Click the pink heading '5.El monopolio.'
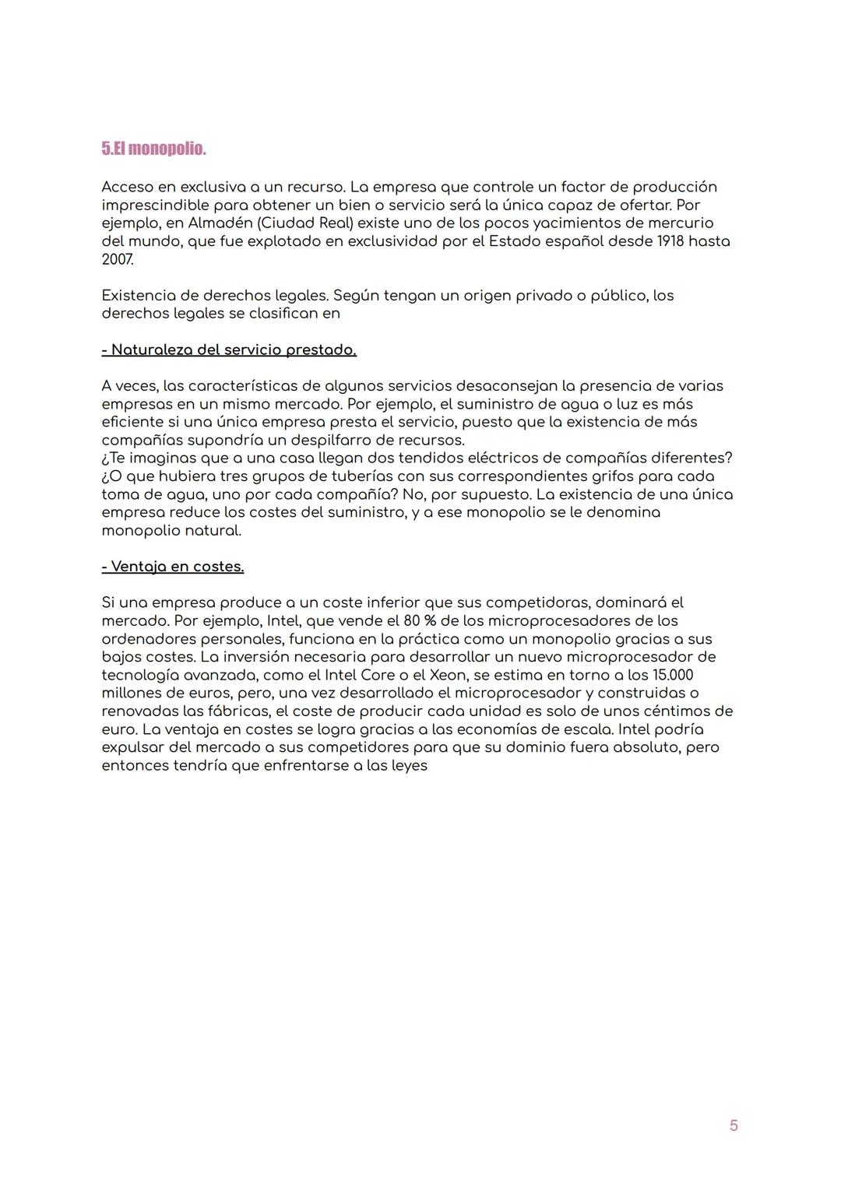(153, 149)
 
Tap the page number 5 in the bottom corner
(734, 1126)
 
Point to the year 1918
(670, 241)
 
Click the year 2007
(117, 259)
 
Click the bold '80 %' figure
(420, 621)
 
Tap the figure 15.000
(672, 675)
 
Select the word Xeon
(448, 675)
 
